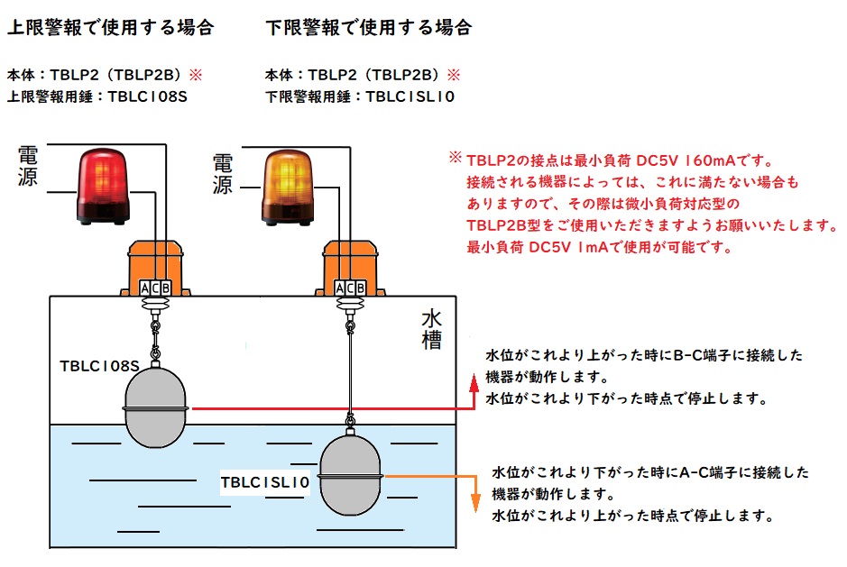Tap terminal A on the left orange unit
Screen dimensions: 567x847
145,288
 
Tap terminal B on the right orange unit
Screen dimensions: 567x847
360,288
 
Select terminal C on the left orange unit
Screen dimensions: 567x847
156,288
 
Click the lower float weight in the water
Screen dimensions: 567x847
348,475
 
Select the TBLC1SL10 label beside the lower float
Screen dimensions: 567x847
266,483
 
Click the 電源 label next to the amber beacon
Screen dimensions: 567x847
222,173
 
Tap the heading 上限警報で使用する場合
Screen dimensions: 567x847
110,27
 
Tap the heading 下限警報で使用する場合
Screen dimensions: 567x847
369,27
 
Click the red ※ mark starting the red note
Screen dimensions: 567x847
456,160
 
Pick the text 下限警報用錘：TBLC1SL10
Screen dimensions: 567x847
360,96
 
